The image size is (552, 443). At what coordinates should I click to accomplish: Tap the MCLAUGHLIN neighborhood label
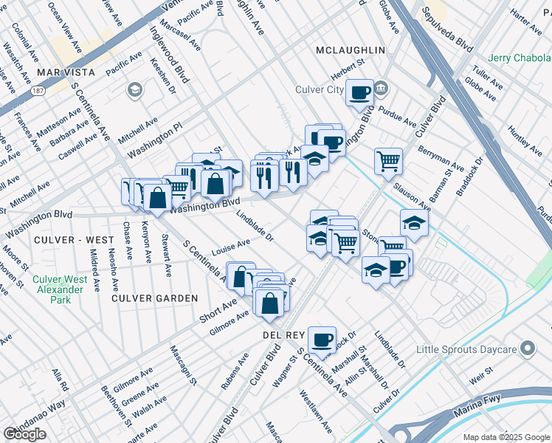[350, 49]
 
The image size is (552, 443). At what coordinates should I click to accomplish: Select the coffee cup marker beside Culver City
[359, 92]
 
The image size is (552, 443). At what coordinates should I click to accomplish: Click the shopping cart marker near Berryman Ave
[388, 160]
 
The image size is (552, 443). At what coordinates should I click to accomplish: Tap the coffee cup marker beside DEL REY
[322, 339]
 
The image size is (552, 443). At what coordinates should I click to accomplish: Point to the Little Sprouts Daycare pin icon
[527, 348]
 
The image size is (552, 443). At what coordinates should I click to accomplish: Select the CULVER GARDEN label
[155, 298]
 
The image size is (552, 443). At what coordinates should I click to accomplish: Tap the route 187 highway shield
[36, 91]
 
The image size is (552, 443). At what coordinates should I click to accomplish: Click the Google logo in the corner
[24, 434]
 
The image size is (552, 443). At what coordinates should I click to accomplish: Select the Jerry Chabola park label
[520, 58]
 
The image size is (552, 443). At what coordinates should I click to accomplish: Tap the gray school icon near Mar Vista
[134, 90]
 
